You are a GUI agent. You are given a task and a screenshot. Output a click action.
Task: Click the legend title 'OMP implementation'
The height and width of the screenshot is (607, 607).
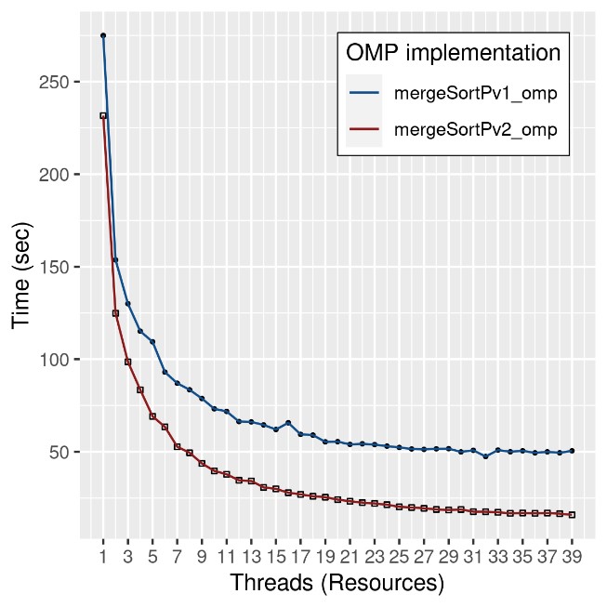453,52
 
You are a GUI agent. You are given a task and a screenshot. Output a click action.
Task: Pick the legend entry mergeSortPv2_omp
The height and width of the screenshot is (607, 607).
475,130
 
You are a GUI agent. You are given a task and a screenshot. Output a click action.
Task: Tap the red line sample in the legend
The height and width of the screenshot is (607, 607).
364,130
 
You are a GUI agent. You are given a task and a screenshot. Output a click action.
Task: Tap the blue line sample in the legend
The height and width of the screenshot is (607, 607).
364,93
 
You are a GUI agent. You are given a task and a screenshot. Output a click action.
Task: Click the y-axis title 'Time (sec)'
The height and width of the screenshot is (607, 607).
22,277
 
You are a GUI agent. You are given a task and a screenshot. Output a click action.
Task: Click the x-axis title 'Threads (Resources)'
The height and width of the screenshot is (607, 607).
336,584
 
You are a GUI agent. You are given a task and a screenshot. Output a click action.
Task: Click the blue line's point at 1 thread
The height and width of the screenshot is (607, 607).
103,35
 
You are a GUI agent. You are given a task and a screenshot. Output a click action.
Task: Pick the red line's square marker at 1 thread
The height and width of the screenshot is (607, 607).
103,115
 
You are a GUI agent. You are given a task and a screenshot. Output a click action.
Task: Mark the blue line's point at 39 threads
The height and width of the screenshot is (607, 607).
572,451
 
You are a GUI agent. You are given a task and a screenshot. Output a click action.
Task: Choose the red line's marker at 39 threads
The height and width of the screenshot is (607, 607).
572,514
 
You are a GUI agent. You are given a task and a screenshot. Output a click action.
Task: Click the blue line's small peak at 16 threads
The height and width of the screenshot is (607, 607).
288,423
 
